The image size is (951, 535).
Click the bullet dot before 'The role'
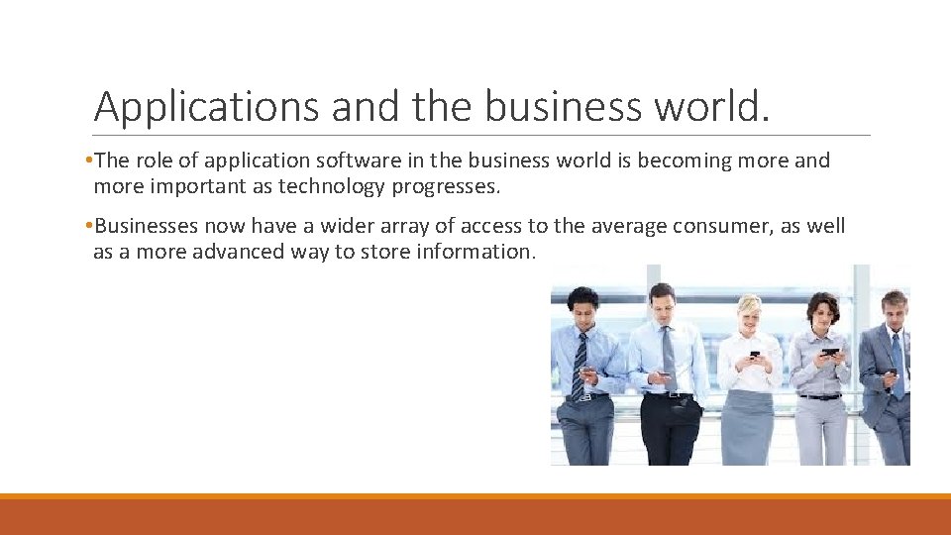click(88, 160)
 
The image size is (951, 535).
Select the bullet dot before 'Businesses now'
click(88, 226)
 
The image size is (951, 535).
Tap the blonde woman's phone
click(754, 354)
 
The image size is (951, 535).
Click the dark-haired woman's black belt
click(820, 396)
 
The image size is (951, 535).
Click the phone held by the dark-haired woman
click(829, 351)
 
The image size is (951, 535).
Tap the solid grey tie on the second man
click(669, 357)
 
